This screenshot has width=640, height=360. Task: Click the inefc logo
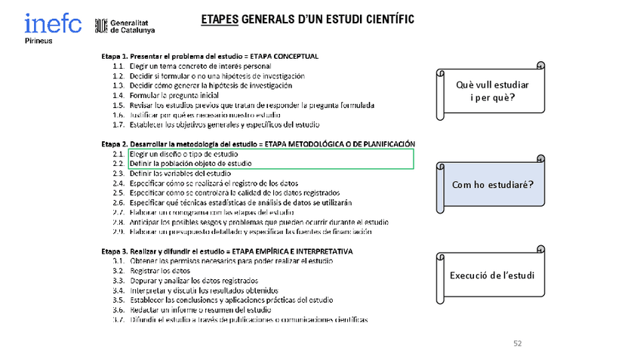pyautogui.click(x=53, y=23)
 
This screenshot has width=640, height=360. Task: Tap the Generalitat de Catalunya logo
pyautogui.click(x=125, y=26)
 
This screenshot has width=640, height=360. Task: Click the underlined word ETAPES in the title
pyautogui.click(x=219, y=20)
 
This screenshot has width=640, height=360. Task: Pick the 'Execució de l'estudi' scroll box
pyautogui.click(x=492, y=275)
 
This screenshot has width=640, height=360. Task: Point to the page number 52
pyautogui.click(x=517, y=343)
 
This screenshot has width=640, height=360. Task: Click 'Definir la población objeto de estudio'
pyautogui.click(x=189, y=163)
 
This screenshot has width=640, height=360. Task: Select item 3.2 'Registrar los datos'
pyautogui.click(x=159, y=270)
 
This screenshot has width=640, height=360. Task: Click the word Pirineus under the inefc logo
pyautogui.click(x=38, y=41)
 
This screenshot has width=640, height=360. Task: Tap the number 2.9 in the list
pyautogui.click(x=118, y=232)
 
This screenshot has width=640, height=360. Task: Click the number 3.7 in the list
pyautogui.click(x=118, y=320)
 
